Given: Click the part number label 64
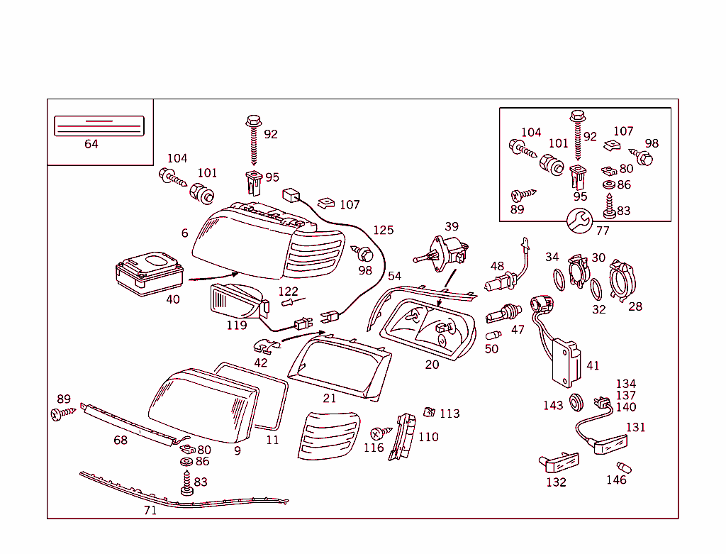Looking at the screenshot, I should [91, 144].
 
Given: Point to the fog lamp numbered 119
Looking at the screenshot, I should [238, 301].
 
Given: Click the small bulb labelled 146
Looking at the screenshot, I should [624, 468].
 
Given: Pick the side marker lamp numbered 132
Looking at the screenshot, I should [559, 464].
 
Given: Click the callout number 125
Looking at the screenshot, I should [383, 231].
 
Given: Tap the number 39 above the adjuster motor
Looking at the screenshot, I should [452, 226].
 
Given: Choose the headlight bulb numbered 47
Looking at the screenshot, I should [503, 312].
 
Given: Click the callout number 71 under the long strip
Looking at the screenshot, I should [150, 509].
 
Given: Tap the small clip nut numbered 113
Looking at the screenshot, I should [429, 411].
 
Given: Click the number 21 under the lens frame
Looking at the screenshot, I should [330, 398].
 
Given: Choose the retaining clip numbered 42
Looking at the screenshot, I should [265, 347].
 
